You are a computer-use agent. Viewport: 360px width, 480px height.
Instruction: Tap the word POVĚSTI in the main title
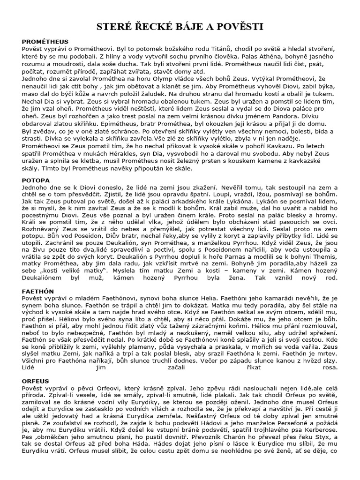[238, 27]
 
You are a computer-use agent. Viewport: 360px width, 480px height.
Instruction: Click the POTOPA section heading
[36, 180]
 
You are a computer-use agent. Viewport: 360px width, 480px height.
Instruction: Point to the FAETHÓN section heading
[38, 291]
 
